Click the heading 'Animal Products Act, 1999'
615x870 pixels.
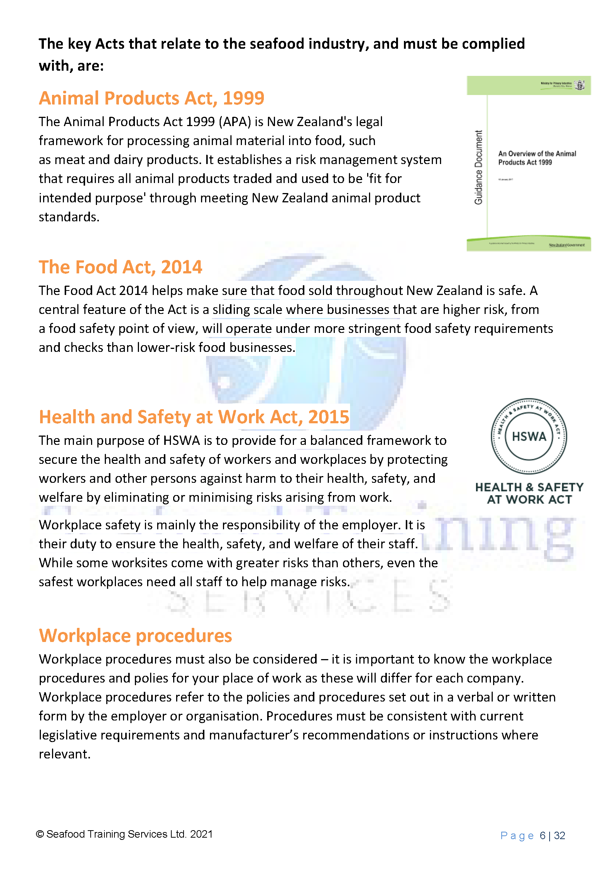152,98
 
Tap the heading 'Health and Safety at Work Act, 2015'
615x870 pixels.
194,417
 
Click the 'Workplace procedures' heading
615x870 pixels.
135,636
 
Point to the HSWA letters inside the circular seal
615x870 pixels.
529,437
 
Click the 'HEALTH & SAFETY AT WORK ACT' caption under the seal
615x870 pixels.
529,493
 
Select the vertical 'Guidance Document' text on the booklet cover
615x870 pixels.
479,167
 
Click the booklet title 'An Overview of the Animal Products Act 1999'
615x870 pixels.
537,158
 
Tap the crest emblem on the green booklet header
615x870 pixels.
579,85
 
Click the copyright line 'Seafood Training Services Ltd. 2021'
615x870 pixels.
129,834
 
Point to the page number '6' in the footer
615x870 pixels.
542,836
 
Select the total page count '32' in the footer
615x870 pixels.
559,836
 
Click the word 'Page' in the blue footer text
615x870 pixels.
517,836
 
